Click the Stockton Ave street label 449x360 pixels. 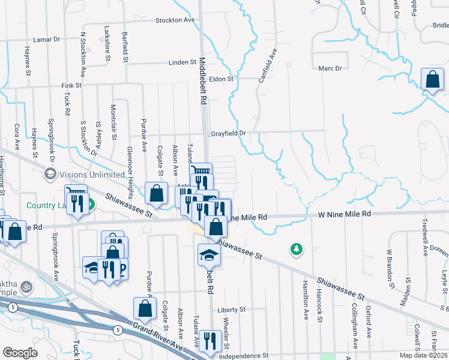175,20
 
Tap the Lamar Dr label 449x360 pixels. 47,39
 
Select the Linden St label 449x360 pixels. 183,62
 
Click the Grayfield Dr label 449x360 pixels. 229,133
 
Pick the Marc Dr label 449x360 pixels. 330,68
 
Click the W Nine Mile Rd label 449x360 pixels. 344,214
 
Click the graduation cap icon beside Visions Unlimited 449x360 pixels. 50,174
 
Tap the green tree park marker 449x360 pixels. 296,248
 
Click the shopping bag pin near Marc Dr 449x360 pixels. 432,80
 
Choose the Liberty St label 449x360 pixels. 232,310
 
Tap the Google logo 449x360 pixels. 20,353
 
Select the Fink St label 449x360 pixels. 71,86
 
